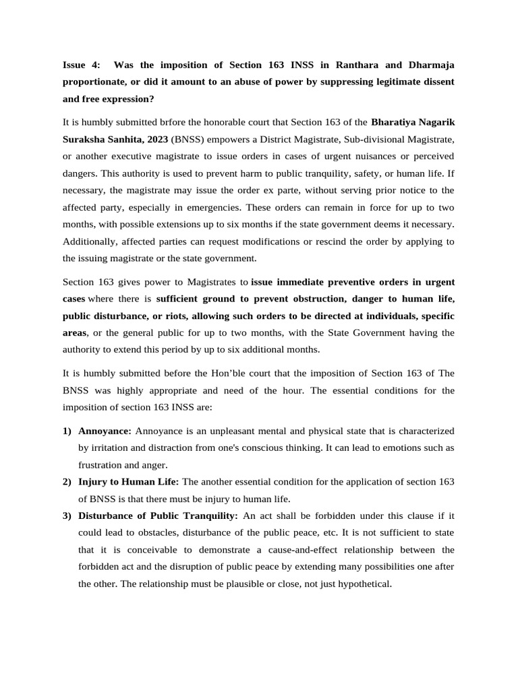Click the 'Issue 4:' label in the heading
(x=81, y=65)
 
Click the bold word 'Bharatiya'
(x=397, y=122)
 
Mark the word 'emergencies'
(x=204, y=207)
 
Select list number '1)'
(x=67, y=431)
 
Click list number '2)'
(x=67, y=482)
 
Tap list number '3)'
(x=67, y=516)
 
